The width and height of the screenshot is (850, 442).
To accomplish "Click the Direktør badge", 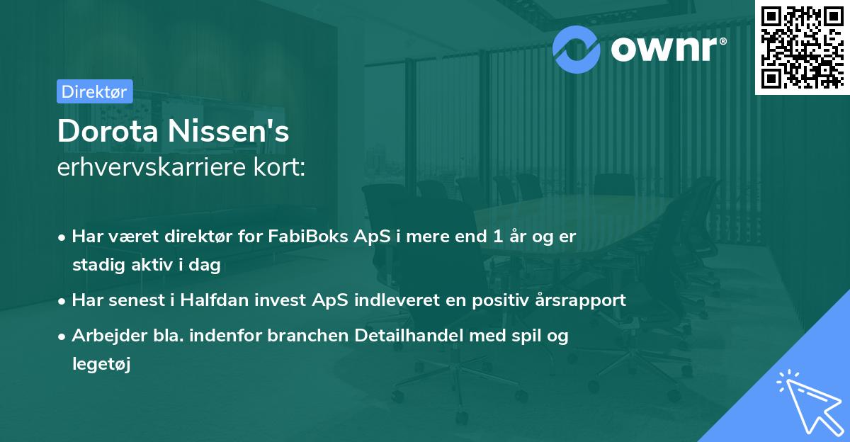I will (x=94, y=91).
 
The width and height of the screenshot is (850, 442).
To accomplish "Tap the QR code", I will (x=801, y=46).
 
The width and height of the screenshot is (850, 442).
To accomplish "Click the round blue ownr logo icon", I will (x=577, y=49).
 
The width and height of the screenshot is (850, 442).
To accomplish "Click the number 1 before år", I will (x=500, y=237).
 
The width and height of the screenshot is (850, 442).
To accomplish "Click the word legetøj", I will (x=102, y=364).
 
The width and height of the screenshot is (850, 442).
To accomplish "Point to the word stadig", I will (x=94, y=265).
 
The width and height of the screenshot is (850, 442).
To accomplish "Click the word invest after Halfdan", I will (x=281, y=300).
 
